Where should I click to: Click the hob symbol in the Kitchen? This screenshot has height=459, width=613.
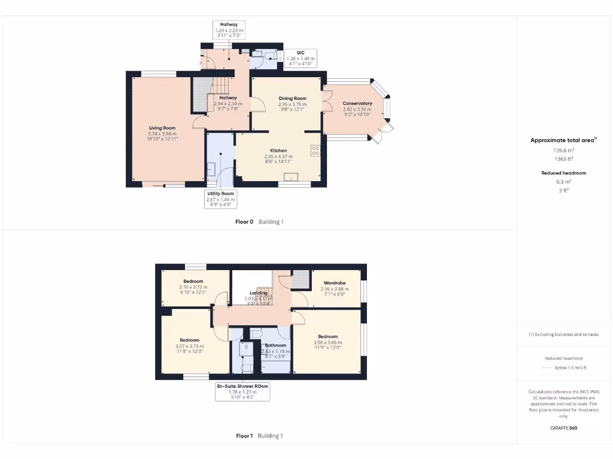(x=315, y=151)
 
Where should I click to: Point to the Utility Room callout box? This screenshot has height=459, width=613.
(x=221, y=199)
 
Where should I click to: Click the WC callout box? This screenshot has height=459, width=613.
(x=301, y=59)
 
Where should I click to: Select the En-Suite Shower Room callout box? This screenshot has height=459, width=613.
(x=242, y=391)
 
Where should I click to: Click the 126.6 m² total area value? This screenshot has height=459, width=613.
(x=563, y=151)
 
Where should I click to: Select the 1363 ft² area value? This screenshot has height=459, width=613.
(x=563, y=159)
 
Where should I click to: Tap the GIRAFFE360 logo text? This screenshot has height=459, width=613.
(x=564, y=428)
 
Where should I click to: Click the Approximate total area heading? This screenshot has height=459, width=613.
(x=563, y=140)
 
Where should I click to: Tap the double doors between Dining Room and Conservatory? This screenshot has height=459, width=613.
(x=327, y=101)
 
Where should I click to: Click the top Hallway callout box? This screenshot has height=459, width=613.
(x=228, y=30)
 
